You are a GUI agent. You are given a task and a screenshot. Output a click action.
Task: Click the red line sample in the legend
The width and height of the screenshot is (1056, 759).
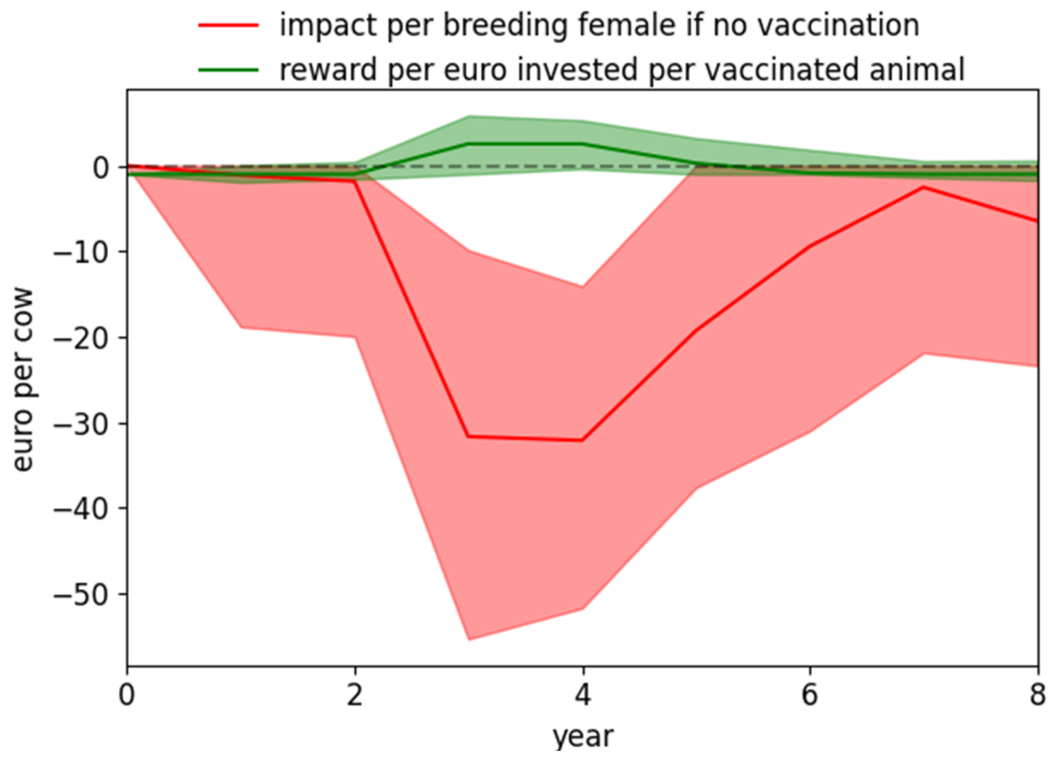pyautogui.click(x=228, y=25)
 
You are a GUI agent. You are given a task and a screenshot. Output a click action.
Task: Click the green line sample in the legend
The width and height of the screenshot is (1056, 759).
pyautogui.click(x=228, y=69)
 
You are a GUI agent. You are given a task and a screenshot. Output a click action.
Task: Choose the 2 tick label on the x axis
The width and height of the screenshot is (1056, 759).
pyautogui.click(x=355, y=695)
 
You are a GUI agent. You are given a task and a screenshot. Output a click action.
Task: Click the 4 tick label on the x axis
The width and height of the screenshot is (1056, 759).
pyautogui.click(x=583, y=695)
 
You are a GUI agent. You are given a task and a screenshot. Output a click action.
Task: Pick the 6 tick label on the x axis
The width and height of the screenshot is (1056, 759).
pyautogui.click(x=810, y=695)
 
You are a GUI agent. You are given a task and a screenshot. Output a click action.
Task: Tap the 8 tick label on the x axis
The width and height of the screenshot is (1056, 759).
pyautogui.click(x=1037, y=695)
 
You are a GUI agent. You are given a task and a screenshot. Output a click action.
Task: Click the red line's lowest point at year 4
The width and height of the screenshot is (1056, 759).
pyautogui.click(x=583, y=440)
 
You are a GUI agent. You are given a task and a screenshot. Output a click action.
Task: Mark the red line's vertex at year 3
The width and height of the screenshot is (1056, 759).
pyautogui.click(x=468, y=437)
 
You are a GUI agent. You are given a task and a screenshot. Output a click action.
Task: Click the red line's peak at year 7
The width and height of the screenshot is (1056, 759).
pyautogui.click(x=924, y=187)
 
